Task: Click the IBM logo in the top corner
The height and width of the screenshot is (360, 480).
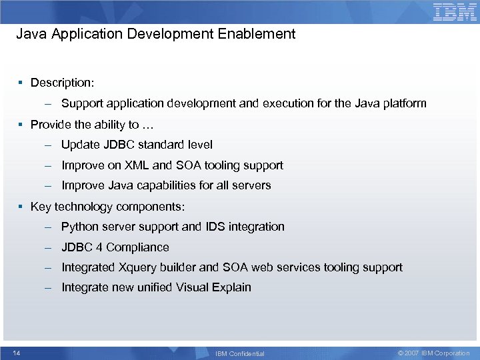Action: coord(455,11)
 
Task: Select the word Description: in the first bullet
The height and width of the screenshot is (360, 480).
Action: coord(62,83)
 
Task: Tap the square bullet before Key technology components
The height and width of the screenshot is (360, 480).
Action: coord(21,207)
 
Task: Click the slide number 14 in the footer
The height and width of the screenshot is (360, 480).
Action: coord(16,353)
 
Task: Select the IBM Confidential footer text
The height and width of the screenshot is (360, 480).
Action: coord(240,353)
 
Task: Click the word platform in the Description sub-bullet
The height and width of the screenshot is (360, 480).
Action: coord(403,103)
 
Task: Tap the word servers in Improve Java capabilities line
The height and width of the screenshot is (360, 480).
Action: coord(253,185)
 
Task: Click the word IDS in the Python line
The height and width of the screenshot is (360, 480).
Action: coord(215,227)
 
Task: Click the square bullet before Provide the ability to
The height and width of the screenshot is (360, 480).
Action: coord(21,125)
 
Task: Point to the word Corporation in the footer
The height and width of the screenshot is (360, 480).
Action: coord(451,353)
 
